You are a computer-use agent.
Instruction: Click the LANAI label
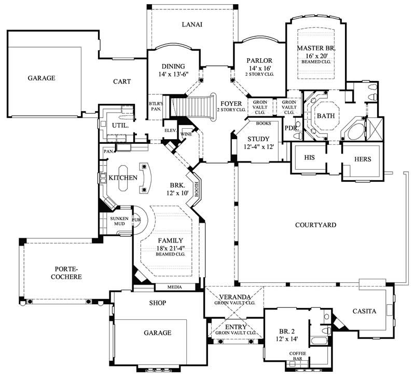point(192,24)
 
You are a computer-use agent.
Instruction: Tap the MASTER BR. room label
point(316,48)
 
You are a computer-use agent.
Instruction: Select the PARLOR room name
point(260,61)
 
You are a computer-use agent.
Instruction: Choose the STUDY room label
point(258,139)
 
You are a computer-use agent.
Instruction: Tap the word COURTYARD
point(315,225)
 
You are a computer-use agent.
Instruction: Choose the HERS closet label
point(363,159)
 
